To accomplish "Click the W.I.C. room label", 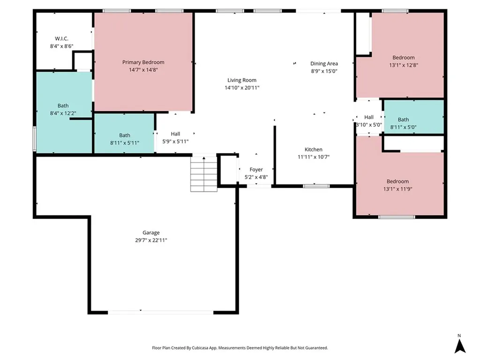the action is (61, 38).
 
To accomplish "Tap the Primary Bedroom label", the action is (143, 62).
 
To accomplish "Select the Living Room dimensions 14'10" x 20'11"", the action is (242, 88).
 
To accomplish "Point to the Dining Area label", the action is (324, 63).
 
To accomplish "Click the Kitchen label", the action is (314, 150).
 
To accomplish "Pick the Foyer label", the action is (256, 170).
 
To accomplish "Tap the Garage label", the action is (151, 232).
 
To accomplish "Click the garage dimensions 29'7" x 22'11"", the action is (151, 240).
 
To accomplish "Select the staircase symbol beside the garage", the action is (204, 174).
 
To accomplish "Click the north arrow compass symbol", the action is (459, 345).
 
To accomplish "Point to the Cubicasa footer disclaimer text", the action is (240, 348).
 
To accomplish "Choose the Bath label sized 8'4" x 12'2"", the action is (63, 105).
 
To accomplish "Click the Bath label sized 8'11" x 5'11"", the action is (125, 135).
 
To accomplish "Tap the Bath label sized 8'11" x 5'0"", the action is (403, 120).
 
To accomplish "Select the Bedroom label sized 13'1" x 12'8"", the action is (404, 58).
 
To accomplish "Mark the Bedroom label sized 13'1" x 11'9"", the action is (397, 181).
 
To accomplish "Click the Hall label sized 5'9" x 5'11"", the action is (175, 134).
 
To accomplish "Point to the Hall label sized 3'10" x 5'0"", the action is (369, 117).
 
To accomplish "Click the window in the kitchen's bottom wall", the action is (316, 186).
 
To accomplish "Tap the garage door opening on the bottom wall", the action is (161, 312).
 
